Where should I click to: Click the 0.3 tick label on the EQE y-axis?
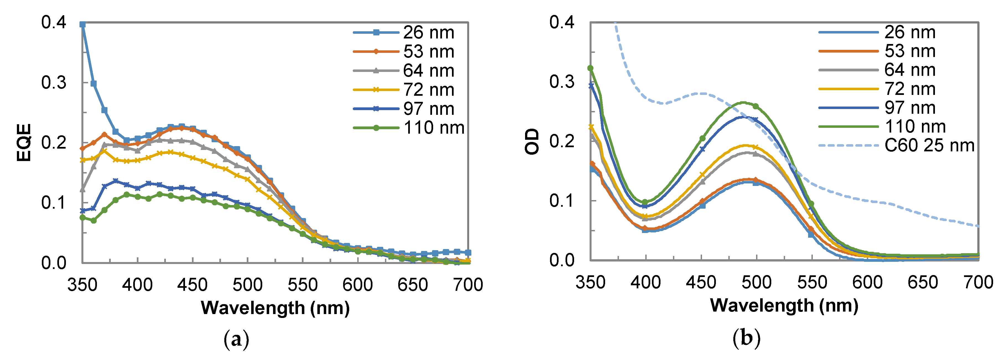(x=54, y=83)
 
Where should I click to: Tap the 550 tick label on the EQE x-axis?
(x=303, y=285)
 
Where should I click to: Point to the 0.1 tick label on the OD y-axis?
(x=562, y=201)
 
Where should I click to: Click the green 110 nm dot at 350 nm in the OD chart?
(x=591, y=68)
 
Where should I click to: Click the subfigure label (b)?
(x=746, y=338)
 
